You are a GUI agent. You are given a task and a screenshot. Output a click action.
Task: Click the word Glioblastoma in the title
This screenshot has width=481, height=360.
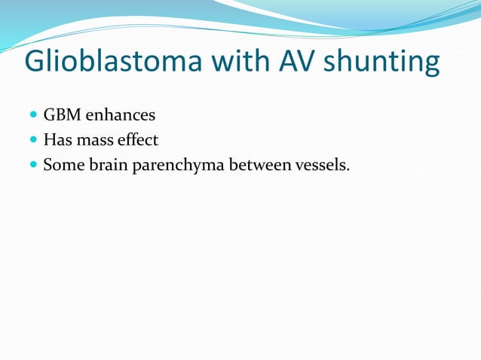click(x=113, y=62)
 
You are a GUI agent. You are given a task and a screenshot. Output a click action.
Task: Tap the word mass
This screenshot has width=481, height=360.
click(x=94, y=140)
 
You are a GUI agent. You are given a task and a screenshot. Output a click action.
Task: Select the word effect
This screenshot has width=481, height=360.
click(x=138, y=139)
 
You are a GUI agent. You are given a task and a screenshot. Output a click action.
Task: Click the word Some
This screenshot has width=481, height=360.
click(x=62, y=164)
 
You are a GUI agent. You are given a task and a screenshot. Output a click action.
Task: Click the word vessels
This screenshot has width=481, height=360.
click(x=322, y=164)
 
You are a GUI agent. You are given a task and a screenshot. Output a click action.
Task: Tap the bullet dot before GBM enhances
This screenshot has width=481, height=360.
click(x=33, y=116)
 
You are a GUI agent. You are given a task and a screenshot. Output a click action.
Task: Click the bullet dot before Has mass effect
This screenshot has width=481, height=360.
click(x=33, y=140)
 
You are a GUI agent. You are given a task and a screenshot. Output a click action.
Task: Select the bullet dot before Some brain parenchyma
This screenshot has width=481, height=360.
click(x=33, y=165)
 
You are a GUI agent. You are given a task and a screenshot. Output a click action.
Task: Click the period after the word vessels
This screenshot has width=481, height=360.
click(x=348, y=169)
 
